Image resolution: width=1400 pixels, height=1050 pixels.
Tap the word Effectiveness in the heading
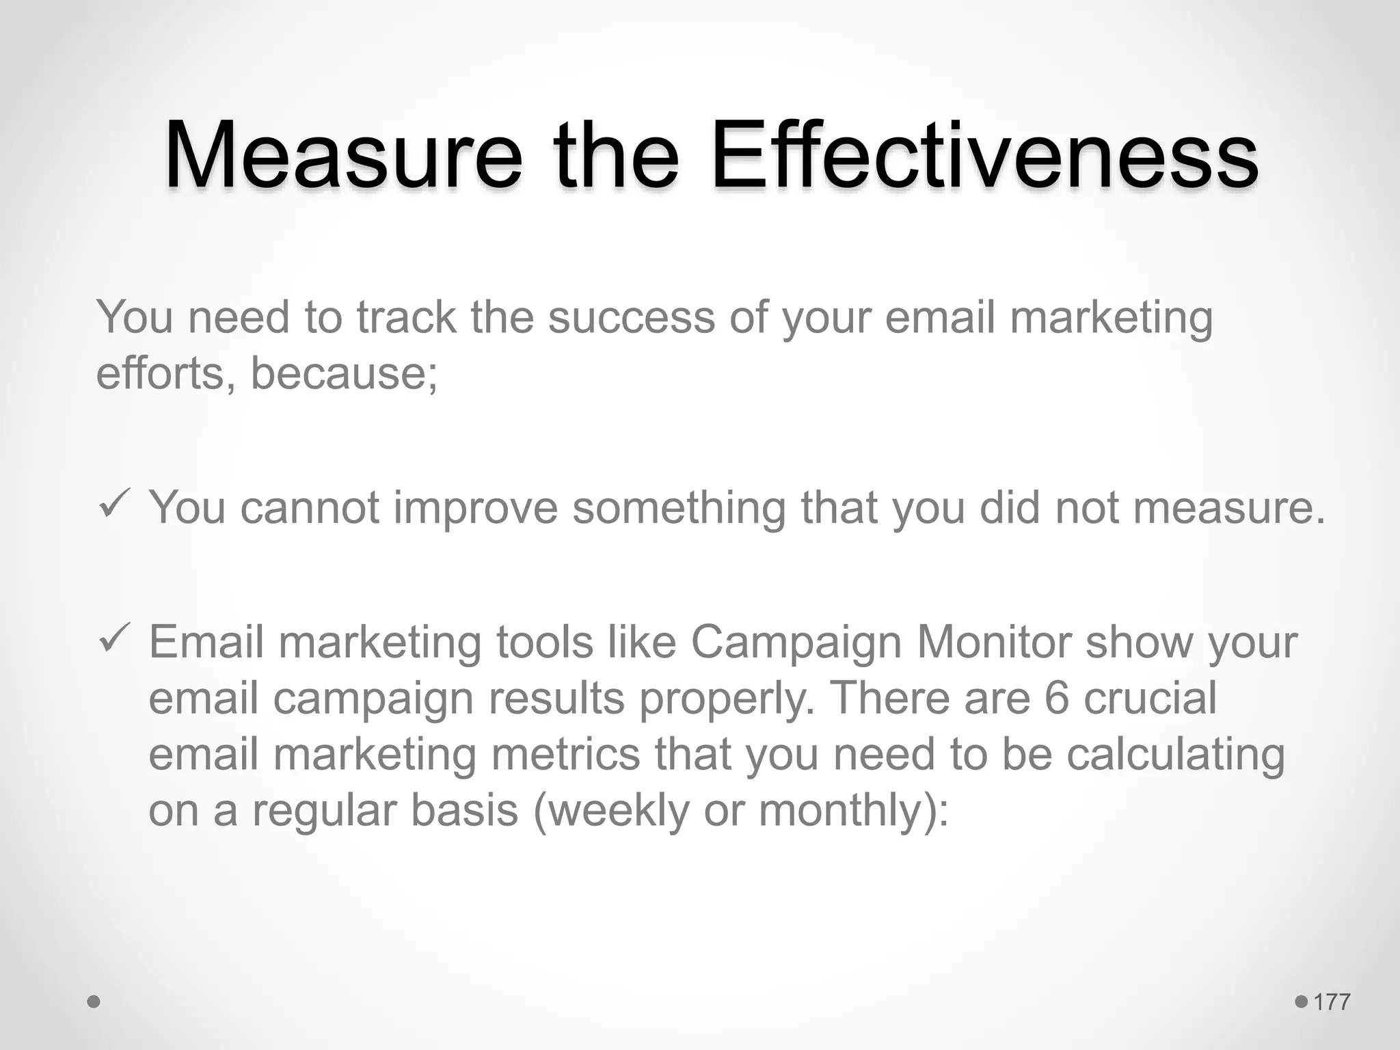(x=984, y=155)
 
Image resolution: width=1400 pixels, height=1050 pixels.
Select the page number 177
(x=1332, y=1002)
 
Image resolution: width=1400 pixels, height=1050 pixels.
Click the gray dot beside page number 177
(x=1301, y=1002)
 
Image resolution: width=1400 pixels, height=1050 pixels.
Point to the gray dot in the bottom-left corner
(x=94, y=1002)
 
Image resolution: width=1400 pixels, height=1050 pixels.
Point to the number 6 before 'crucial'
(x=1056, y=699)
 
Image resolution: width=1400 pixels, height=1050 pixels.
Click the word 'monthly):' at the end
(x=854, y=811)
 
